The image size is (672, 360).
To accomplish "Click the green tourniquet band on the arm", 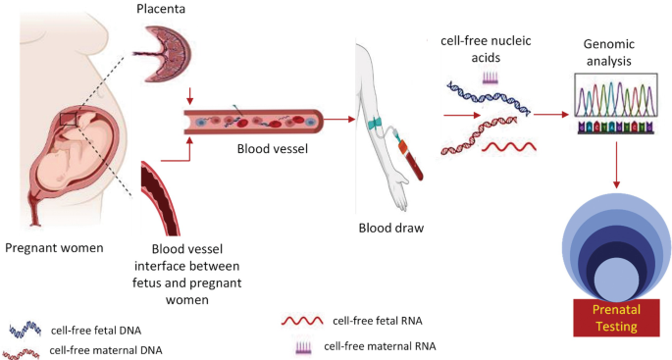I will pyautogui.click(x=374, y=125).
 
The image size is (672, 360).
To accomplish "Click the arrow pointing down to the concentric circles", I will pyautogui.click(x=615, y=165).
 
